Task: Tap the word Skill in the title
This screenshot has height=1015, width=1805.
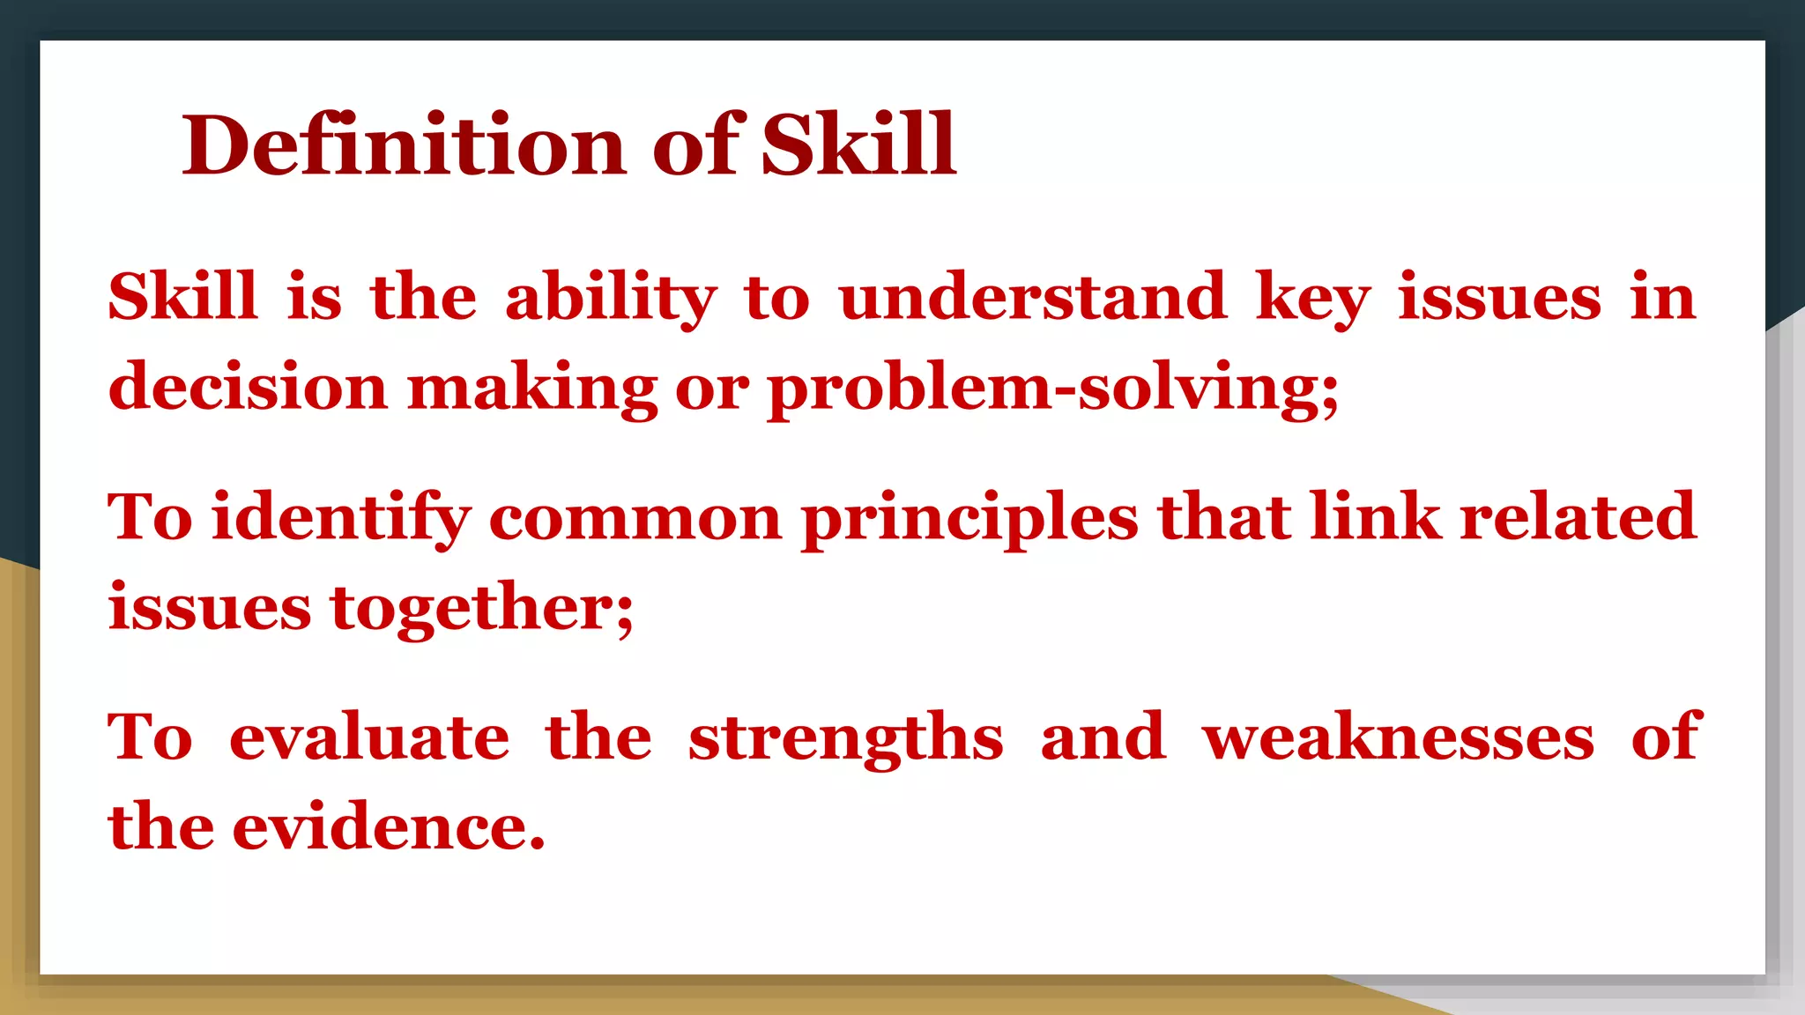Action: (858, 145)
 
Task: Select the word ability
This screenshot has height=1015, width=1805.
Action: (611, 298)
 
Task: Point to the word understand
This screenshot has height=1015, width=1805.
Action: (1032, 298)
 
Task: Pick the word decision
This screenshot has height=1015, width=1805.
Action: (248, 388)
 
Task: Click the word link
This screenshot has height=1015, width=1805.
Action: (1375, 518)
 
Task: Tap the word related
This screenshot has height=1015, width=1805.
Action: (1578, 518)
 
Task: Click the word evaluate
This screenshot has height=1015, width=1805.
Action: (369, 738)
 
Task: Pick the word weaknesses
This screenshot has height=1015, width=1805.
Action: (1399, 738)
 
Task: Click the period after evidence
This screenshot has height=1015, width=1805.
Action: (537, 844)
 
